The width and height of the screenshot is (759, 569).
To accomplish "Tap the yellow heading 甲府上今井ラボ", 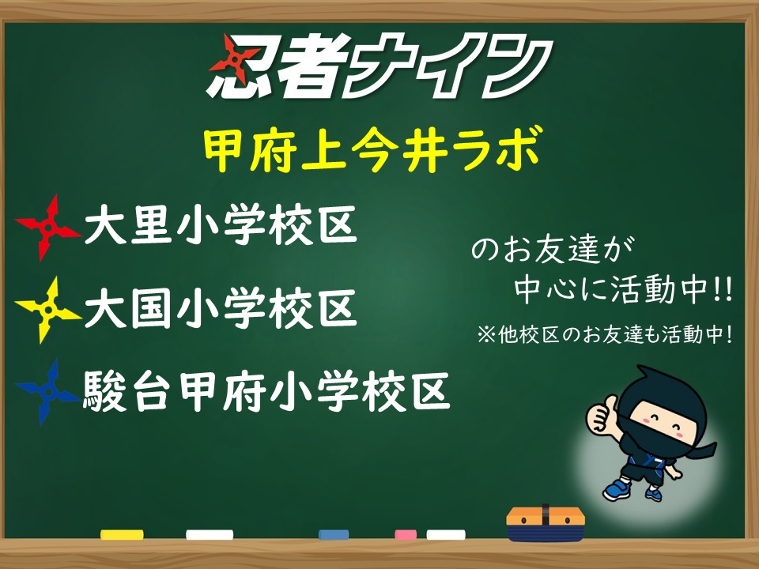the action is tap(372, 149).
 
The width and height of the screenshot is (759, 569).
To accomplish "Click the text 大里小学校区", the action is tap(221, 225).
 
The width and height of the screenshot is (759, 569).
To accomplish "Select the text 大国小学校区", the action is tap(221, 308).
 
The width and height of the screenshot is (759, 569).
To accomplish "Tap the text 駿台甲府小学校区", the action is tap(266, 391).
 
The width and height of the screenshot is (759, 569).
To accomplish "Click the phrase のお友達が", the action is tap(553, 250).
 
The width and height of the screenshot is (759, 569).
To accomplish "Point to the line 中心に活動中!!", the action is tap(624, 290).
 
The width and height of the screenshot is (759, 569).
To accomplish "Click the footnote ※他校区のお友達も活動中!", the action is tap(604, 334).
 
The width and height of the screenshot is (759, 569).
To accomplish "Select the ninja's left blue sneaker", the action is tap(617, 490).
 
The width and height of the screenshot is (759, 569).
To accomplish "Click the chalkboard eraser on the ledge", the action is tap(546, 523).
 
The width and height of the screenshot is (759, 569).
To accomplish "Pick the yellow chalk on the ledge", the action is tap(122, 535).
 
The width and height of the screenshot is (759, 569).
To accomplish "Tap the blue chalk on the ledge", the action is tap(334, 535).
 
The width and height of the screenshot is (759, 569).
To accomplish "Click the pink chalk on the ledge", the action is tap(406, 535).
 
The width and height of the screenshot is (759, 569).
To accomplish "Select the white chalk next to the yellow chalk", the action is tap(210, 535).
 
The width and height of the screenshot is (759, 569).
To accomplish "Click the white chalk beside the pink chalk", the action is tap(446, 535).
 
